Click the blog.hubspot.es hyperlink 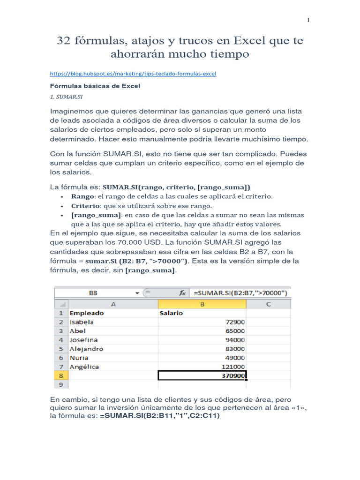click(x=133, y=74)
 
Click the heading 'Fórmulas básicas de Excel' click(x=95, y=86)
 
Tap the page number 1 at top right click(x=308, y=20)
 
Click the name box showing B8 click(x=94, y=293)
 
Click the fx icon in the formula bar click(x=182, y=293)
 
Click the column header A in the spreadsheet click(x=112, y=304)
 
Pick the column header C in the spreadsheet click(x=268, y=304)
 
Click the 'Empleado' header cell click(x=87, y=313)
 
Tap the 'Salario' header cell click(x=172, y=313)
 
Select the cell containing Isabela click(x=82, y=322)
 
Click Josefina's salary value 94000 click(x=232, y=340)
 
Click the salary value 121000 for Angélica click(x=231, y=367)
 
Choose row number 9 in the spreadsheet click(x=60, y=384)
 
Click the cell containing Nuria click(x=79, y=358)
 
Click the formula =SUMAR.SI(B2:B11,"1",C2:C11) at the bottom click(x=159, y=415)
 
